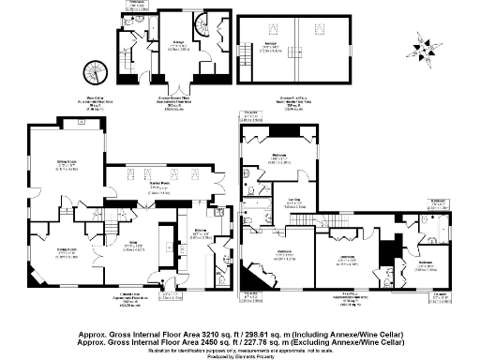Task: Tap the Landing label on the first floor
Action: click(x=293, y=200)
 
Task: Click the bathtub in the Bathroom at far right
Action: click(x=436, y=224)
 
